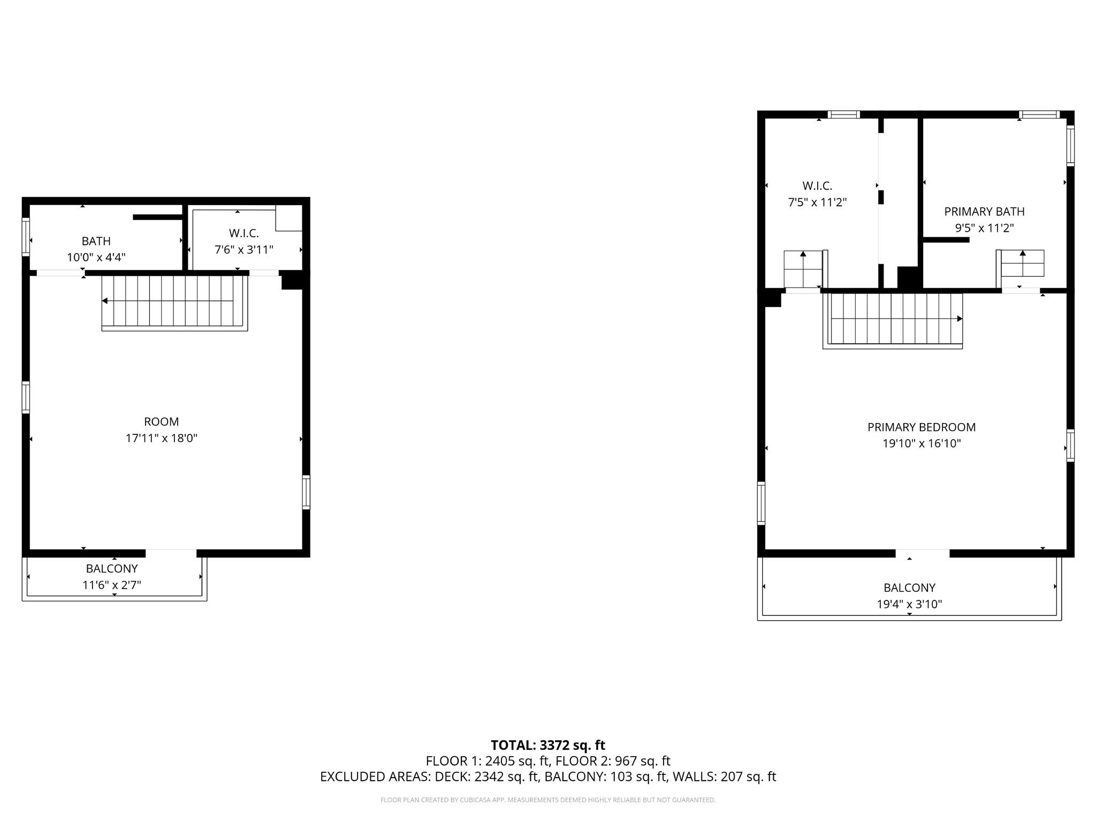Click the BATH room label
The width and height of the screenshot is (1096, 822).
point(96,241)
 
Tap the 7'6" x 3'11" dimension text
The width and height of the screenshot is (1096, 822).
point(243,250)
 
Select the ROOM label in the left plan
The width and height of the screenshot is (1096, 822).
point(161,421)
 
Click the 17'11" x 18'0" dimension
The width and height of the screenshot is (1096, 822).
point(161,438)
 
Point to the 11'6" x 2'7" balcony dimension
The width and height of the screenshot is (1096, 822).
point(111,585)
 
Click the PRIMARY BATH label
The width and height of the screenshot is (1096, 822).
point(984,212)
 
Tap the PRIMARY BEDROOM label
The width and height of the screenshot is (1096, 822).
point(921,427)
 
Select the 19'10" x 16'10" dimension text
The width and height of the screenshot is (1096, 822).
point(921,443)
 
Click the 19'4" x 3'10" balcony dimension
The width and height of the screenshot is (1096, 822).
point(909,604)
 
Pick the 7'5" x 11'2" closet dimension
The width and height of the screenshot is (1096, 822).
point(817,202)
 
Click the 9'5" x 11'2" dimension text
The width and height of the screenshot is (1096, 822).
point(984,228)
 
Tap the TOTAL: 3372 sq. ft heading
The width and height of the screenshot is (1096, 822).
point(547,745)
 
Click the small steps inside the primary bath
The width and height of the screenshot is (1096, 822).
point(1022,263)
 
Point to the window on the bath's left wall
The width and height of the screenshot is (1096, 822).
point(25,236)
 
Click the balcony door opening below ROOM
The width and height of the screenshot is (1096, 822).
point(171,553)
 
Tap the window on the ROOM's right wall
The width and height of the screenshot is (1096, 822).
point(306,492)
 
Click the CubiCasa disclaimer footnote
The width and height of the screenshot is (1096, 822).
point(547,800)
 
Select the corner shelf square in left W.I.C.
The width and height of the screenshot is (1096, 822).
point(289,217)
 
